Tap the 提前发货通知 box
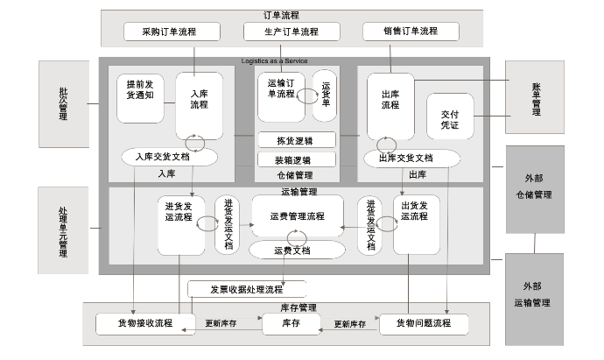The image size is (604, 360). (x=140, y=98)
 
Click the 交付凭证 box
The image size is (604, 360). (x=450, y=119)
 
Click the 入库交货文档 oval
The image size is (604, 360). (x=168, y=158)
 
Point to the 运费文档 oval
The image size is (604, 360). (x=292, y=251)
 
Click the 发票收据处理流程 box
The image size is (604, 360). (x=246, y=288)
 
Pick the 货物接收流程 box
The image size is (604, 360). (x=145, y=323)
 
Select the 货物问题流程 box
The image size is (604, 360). (x=424, y=324)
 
